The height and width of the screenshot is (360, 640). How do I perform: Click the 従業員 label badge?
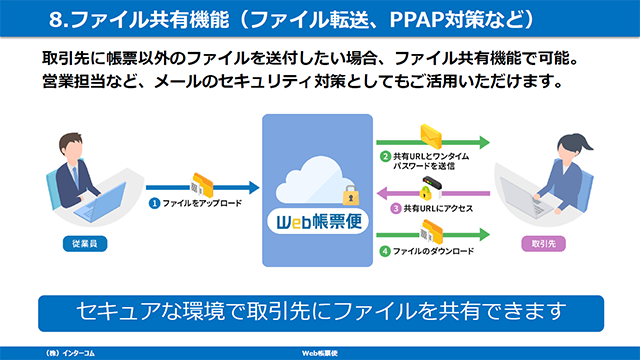[85, 244]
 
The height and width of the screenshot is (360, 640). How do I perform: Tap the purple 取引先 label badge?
[543, 244]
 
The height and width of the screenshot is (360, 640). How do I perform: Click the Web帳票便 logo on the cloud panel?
[318, 222]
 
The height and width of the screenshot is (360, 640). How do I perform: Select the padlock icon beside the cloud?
[351, 195]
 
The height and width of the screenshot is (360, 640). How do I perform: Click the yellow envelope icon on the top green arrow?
[431, 136]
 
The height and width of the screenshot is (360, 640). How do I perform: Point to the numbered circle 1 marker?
[154, 203]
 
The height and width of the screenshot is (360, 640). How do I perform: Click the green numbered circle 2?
[385, 156]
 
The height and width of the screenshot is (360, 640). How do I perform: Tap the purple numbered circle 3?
[396, 209]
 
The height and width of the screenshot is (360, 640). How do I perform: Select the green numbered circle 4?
[385, 251]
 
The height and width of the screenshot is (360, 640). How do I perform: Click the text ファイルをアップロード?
[202, 203]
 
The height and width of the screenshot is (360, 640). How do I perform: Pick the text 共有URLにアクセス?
[438, 209]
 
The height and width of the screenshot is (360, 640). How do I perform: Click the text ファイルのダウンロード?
[433, 251]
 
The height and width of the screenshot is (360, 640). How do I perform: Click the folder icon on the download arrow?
[431, 233]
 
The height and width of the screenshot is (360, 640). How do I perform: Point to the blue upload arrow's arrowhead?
[254, 187]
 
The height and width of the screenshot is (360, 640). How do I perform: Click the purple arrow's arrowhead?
[382, 193]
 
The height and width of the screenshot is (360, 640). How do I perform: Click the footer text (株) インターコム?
[70, 353]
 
